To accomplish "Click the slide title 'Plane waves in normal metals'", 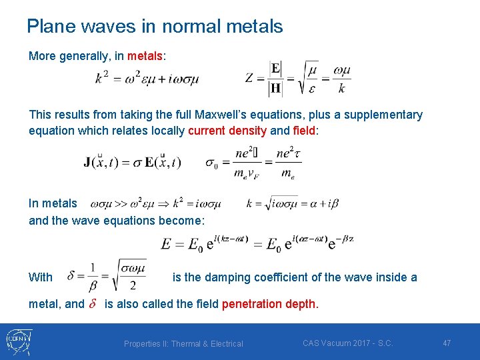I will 155,27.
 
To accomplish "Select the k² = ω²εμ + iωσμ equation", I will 147,79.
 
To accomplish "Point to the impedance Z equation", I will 298,79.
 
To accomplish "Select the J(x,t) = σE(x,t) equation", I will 132,162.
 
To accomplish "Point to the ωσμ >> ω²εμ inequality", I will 155,203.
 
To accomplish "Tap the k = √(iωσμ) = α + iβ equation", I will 293,203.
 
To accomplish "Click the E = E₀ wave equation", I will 257,244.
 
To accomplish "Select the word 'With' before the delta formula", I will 41,277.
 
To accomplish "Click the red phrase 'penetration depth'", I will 269,304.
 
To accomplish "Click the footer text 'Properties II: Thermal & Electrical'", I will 183,343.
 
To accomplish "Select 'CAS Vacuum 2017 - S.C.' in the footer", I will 347,343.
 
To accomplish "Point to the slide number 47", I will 447,343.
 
